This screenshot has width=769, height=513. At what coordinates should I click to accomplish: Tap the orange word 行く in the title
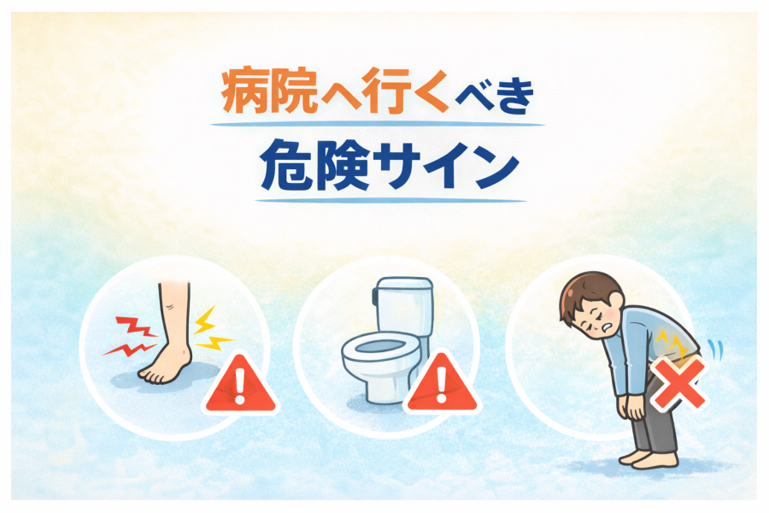coord(405,91)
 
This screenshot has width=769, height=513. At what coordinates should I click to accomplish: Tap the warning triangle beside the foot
coord(240,383)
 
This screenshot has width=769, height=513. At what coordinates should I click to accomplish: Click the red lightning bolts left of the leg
coord(130,336)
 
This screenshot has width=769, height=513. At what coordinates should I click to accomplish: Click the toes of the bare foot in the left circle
coord(153,376)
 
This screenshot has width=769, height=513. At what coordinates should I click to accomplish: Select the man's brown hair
coord(589,293)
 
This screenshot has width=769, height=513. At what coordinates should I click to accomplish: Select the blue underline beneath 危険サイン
coord(390,200)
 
